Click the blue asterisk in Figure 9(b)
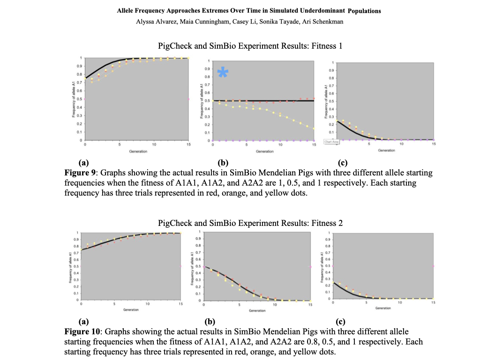223,72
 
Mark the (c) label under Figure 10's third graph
341,322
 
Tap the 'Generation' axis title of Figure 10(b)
257,311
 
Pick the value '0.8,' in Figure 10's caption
277,342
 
